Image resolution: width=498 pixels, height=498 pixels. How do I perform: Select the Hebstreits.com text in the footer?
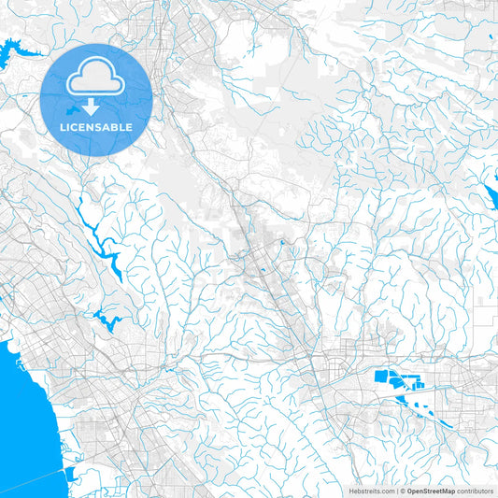coord(371,491)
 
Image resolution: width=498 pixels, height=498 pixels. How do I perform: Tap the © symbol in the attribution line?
coord(401,491)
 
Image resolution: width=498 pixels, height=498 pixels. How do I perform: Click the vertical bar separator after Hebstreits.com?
coord(395,491)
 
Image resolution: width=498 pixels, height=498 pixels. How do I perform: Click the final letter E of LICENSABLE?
coord(129,126)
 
